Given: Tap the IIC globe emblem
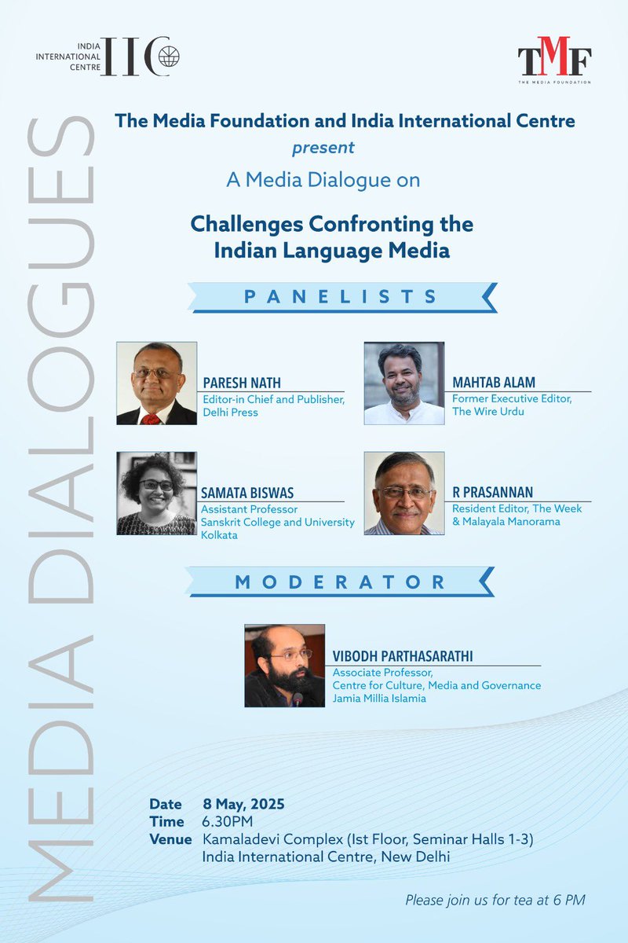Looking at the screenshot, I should (169, 57).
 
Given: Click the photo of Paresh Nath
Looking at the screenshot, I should (156, 383).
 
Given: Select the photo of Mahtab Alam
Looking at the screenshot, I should (404, 383).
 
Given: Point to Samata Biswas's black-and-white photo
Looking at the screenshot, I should (156, 494).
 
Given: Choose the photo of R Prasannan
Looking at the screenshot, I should (404, 494).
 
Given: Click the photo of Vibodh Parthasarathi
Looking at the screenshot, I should (284, 666).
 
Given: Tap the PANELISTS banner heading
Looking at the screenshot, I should (341, 297).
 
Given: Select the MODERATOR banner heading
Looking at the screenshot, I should (341, 582).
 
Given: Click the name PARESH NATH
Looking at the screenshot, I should (242, 383).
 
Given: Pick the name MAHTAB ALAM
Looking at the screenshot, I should (494, 383).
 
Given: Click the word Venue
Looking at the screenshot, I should (170, 839).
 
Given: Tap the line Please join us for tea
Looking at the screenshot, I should (495, 900).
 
